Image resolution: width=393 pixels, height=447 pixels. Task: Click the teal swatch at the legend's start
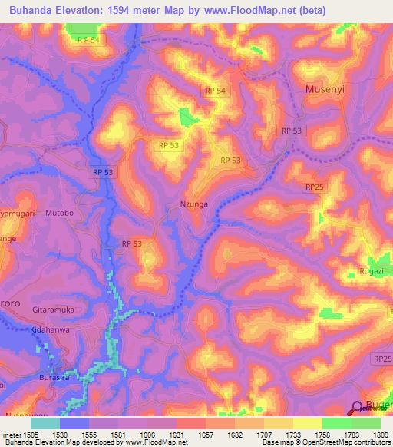[45, 423]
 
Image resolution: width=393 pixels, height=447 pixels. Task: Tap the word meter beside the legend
[11, 434]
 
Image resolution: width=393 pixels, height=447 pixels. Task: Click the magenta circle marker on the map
[358, 408]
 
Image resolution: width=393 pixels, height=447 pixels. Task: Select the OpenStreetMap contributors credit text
[339, 442]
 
